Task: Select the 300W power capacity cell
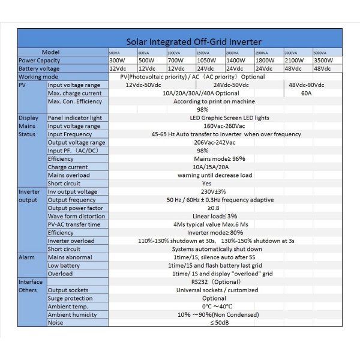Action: pyautogui.click(x=118, y=61)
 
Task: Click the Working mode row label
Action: pyautogui.click(x=38, y=77)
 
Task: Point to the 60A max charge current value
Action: pyautogui.click(x=306, y=93)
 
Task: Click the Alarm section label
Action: pyautogui.click(x=26, y=257)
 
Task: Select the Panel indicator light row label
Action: pyautogui.click(x=74, y=118)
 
